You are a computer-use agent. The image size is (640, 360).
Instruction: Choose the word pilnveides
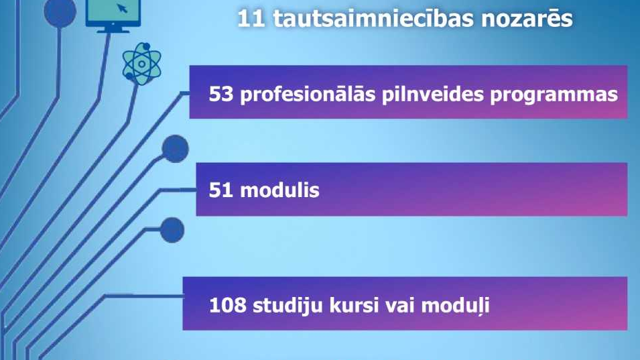pos(434,95)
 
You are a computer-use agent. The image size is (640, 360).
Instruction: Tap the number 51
pos(220,190)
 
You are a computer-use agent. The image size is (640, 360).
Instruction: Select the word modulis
pos(279,190)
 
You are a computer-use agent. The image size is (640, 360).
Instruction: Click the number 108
pos(226,306)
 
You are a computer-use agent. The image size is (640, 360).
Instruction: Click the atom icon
pos(141,64)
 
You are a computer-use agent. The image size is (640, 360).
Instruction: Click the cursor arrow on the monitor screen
pos(123,9)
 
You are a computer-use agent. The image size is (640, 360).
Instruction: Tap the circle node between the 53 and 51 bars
pos(175,147)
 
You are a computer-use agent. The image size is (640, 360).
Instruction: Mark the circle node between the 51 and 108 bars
pos(172,230)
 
